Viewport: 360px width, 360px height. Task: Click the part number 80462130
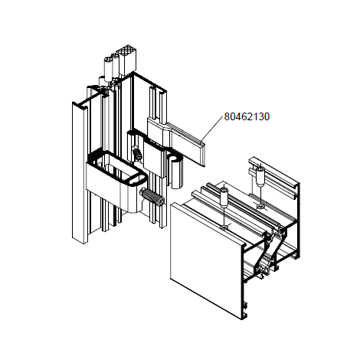click(247, 116)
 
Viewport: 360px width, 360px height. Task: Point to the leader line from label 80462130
click(212, 128)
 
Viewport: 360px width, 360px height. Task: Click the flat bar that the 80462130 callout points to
click(188, 143)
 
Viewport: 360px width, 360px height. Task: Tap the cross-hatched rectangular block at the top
click(127, 61)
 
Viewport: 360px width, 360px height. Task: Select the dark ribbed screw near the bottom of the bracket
click(152, 198)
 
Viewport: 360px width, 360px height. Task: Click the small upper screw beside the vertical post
click(137, 152)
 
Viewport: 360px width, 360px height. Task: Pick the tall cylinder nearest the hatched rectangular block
click(115, 64)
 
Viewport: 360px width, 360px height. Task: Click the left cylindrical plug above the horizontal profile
click(224, 198)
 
